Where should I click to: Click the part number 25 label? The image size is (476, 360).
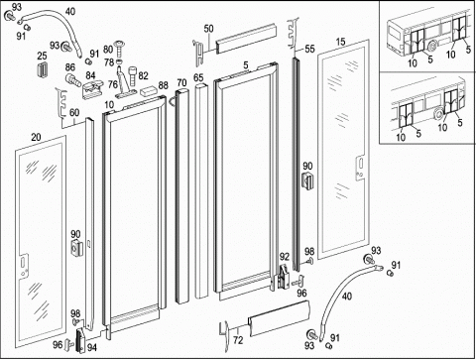(42, 56)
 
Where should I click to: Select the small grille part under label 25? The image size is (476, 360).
(42, 69)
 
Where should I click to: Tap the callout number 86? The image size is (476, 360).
(70, 67)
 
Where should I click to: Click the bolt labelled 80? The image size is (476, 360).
(118, 48)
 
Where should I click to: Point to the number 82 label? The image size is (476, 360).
(143, 76)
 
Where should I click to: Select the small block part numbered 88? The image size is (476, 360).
(149, 90)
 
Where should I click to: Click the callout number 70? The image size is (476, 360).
(181, 82)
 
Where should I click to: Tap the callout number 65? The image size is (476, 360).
(198, 78)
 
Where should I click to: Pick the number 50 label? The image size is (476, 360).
(208, 29)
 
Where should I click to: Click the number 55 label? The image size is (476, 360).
(309, 49)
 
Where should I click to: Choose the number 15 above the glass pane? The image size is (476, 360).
(340, 42)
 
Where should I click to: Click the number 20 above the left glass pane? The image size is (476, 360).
(36, 137)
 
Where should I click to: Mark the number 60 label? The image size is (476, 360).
(74, 113)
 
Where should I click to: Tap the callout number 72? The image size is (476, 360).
(238, 340)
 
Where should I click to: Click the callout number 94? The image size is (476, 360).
(92, 347)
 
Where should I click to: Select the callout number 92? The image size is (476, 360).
(285, 257)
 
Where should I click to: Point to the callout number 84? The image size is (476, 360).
(90, 75)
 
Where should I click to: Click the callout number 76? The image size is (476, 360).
(113, 84)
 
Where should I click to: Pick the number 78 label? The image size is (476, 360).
(109, 61)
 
